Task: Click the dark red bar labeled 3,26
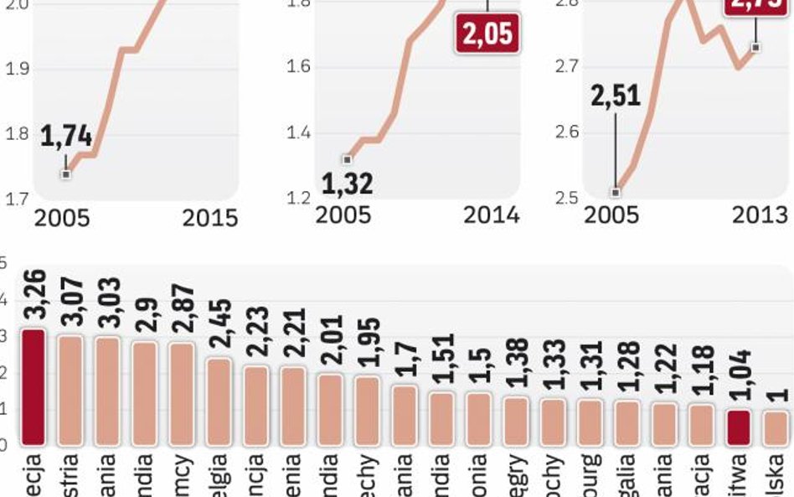point(33,386)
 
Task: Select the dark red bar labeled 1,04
point(738,427)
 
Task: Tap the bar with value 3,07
point(70,390)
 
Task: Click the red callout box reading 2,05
point(487,34)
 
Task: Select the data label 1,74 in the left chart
point(66,137)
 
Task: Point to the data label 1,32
point(347,182)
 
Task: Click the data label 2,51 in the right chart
point(616,94)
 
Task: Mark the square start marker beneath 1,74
point(66,173)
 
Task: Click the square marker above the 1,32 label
point(348,159)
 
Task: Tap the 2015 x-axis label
point(210,218)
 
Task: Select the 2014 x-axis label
point(492,215)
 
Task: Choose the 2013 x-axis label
point(760,215)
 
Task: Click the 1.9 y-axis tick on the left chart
point(18,68)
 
